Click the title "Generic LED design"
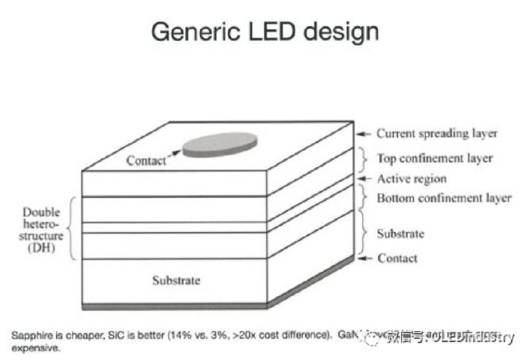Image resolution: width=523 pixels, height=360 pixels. tap(265, 31)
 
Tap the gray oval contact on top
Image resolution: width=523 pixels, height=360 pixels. tap(219, 144)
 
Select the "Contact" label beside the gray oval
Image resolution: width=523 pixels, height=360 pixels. tap(146, 160)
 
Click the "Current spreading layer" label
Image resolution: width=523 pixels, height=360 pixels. tap(436, 134)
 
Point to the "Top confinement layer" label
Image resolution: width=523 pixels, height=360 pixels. tap(434, 158)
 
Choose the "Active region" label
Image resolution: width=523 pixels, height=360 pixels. tap(411, 179)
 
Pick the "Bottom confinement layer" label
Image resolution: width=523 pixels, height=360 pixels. tap(444, 198)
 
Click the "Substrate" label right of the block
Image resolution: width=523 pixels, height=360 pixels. tap(400, 234)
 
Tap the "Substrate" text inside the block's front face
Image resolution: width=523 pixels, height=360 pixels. tap(176, 281)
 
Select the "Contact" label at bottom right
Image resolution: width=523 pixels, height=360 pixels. tap(397, 258)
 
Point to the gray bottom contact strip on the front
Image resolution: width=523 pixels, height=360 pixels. tap(175, 306)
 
